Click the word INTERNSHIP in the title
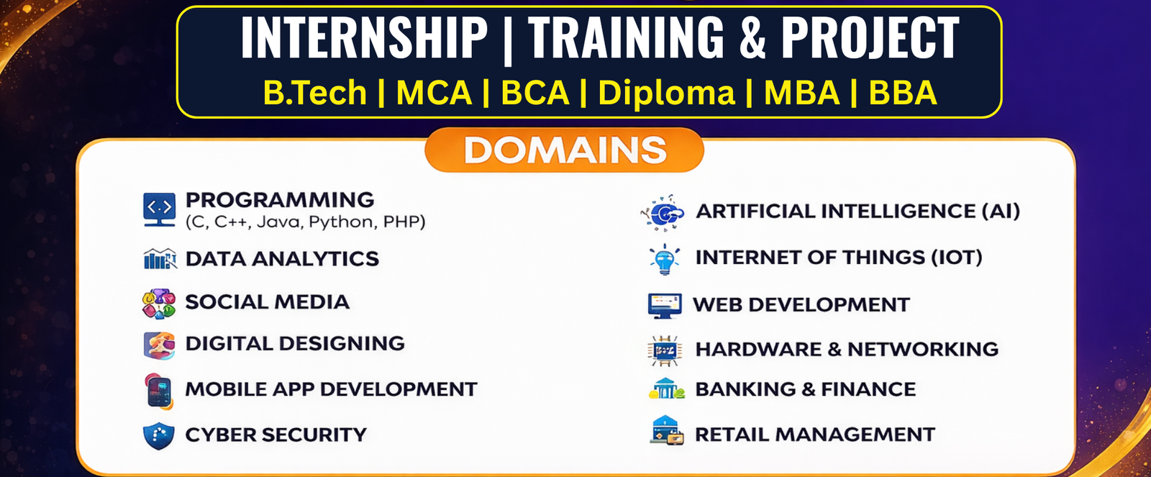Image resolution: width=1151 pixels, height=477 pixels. (x=364, y=37)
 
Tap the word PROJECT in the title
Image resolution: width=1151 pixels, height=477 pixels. (x=870, y=37)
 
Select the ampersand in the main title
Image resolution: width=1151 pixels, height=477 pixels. (x=752, y=37)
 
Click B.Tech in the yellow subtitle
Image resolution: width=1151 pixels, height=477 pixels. (x=314, y=93)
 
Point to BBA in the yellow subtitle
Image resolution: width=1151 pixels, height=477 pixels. (x=903, y=93)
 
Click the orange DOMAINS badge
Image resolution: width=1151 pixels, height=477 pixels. (x=564, y=150)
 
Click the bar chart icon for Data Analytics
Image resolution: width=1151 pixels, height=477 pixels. (x=160, y=258)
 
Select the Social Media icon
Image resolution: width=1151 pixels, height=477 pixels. (x=159, y=304)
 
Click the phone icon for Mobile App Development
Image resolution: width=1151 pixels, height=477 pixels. (x=159, y=391)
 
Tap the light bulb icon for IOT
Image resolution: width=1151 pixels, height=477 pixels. (x=665, y=259)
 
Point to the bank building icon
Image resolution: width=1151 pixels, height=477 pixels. (x=666, y=389)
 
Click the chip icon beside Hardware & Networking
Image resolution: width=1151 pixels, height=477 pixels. (x=665, y=350)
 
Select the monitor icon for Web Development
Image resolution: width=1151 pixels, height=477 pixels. (x=665, y=306)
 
